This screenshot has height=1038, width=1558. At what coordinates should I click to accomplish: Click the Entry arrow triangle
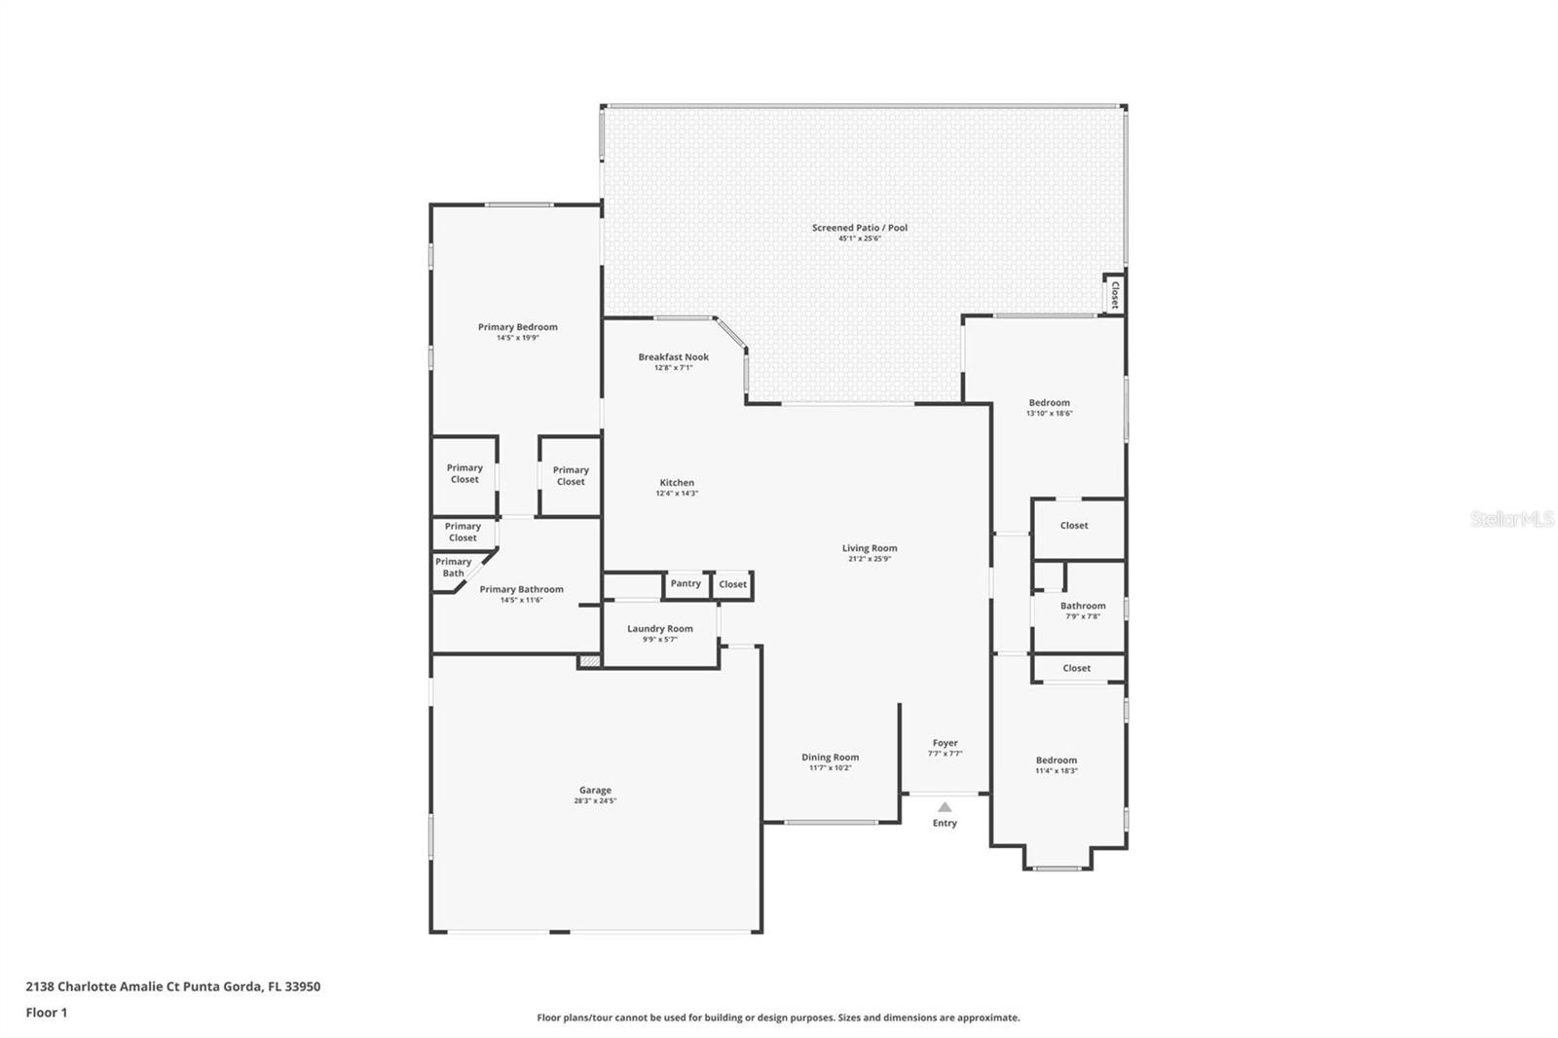tap(945, 807)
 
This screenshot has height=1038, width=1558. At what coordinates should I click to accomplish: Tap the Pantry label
tap(686, 583)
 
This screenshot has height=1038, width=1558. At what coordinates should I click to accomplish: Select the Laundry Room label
tap(660, 629)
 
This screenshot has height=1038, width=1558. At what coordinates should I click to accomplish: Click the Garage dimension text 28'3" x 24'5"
tap(595, 801)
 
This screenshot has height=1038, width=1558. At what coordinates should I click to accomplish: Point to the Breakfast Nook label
tap(673, 357)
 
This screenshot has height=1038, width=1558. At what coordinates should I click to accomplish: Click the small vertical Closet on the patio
tap(1114, 294)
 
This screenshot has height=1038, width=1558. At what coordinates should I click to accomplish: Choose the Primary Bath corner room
tap(454, 568)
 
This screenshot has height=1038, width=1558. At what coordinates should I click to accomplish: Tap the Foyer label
tap(945, 743)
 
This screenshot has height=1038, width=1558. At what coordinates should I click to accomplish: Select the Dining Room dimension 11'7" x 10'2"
tap(830, 768)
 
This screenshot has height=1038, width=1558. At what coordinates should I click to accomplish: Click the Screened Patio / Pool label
tap(860, 228)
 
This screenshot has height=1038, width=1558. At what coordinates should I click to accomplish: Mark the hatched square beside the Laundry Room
tap(588, 661)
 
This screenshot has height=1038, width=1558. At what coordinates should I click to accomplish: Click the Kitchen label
tap(677, 483)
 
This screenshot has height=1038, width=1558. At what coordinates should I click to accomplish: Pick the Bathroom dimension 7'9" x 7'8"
tap(1082, 616)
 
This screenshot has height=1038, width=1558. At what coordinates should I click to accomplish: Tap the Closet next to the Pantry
tap(732, 585)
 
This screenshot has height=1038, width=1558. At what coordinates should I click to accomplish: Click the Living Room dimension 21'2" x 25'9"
tap(870, 559)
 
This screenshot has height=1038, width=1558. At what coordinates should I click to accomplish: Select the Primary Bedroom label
tap(517, 327)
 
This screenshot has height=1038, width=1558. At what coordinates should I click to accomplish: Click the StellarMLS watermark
tap(1511, 520)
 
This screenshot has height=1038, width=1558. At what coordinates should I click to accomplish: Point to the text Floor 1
tap(47, 1013)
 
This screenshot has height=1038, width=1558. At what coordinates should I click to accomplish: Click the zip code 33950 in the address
tap(301, 986)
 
